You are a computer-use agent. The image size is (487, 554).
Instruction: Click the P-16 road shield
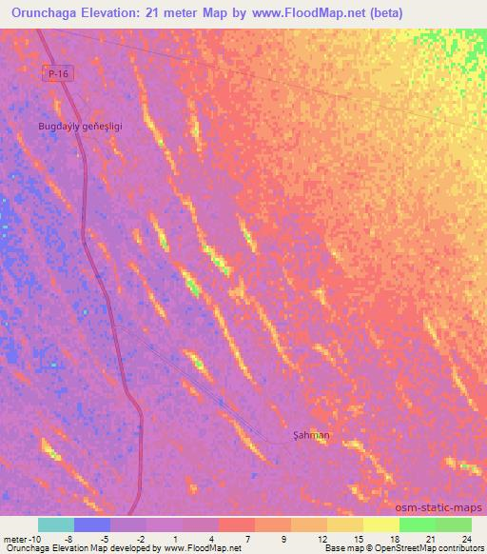tap(60, 73)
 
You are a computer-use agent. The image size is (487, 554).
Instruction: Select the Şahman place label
tap(311, 435)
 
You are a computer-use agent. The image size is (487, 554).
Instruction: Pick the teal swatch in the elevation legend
tap(56, 524)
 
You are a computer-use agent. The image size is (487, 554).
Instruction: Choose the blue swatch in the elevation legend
tap(92, 524)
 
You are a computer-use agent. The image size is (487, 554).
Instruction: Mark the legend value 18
tap(394, 538)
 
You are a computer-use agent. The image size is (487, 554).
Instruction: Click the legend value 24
tap(466, 538)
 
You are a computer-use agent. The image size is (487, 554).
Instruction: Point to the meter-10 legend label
tap(22, 538)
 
